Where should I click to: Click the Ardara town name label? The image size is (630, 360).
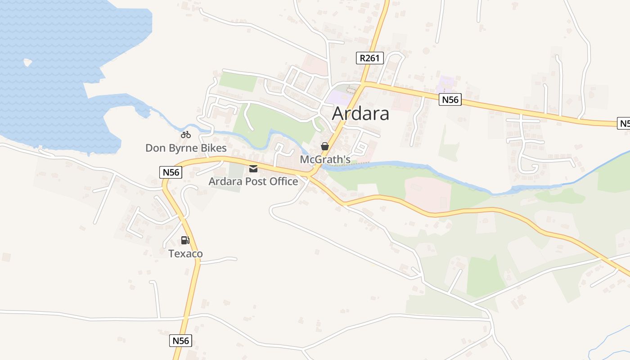coord(360,114)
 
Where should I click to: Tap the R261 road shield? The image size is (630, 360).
coord(369,58)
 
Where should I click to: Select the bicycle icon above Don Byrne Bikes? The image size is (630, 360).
coord(185,135)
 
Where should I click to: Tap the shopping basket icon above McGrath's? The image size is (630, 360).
coord(324,146)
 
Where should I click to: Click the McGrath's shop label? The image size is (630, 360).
coord(325,159)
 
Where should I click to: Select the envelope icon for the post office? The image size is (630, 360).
coord(253,169)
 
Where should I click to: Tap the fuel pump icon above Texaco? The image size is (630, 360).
coord(185,240)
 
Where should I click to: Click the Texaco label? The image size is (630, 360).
coord(185,253)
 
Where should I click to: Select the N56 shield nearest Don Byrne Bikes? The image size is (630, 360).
coord(171,172)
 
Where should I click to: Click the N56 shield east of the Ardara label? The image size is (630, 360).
coord(450,99)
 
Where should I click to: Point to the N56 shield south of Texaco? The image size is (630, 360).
coord(181,341)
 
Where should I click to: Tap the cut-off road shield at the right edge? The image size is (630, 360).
coord(624,123)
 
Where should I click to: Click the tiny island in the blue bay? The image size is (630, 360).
coord(28,63)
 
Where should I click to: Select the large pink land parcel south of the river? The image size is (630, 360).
coord(427,193)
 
